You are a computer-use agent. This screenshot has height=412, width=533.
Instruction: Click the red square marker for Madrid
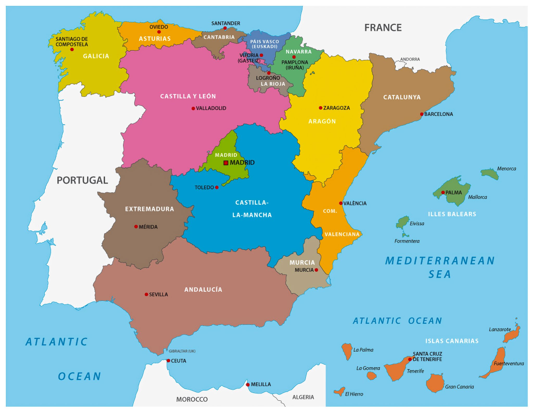pyautogui.click(x=226, y=163)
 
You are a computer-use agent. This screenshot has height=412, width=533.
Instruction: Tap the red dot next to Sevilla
pyautogui.click(x=147, y=294)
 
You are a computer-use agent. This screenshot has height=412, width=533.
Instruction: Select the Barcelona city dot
pyautogui.click(x=422, y=114)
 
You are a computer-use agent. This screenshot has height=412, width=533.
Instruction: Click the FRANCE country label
pyautogui.click(x=383, y=28)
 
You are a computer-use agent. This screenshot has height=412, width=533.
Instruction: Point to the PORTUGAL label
pyautogui.click(x=82, y=180)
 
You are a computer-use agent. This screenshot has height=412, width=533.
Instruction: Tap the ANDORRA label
pyautogui.click(x=410, y=59)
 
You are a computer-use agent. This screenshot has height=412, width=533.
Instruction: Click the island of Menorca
pyautogui.click(x=490, y=174)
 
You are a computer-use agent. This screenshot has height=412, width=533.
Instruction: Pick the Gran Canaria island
pyautogui.click(x=435, y=383)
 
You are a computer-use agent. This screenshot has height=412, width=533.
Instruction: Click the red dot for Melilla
pyautogui.click(x=248, y=385)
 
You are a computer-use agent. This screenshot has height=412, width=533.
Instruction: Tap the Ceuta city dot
pyautogui.click(x=168, y=361)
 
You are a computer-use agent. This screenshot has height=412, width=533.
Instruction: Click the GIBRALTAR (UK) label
pyautogui.click(x=182, y=351)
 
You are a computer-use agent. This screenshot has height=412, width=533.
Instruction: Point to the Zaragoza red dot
pyautogui.click(x=321, y=108)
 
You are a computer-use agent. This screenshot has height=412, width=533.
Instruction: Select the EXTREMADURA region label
pyautogui.click(x=149, y=209)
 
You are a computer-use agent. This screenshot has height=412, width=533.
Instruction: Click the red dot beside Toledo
pyautogui.click(x=217, y=187)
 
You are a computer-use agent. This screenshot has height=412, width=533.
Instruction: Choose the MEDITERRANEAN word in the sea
pyautogui.click(x=440, y=261)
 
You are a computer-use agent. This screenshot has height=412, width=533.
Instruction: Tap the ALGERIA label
pyautogui.click(x=303, y=397)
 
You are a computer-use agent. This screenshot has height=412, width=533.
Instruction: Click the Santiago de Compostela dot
pyautogui.click(x=72, y=50)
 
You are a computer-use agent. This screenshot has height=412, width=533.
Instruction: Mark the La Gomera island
pyautogui.click(x=371, y=376)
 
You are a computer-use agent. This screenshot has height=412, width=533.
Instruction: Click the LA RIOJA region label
pyautogui.click(x=273, y=84)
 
